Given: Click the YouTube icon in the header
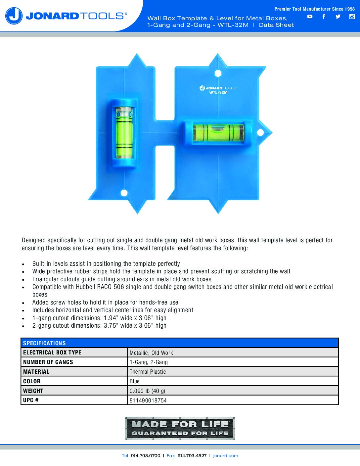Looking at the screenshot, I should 310,17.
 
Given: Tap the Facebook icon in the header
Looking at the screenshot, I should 324,17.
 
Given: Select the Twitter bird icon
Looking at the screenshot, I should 338,17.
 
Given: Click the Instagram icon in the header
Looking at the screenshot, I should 352,17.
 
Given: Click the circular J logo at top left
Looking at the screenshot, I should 14,16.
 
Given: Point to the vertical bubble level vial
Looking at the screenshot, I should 124,133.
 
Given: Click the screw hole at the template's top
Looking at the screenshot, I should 218,73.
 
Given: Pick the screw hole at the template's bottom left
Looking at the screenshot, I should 124,193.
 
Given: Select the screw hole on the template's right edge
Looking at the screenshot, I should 260,133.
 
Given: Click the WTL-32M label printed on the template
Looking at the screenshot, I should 218,93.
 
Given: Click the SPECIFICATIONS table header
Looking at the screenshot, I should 44,343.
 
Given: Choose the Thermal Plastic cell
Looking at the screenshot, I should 148,372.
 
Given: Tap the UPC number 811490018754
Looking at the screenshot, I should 148,400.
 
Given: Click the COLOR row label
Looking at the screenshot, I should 32,381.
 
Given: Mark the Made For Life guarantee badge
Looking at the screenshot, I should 180,428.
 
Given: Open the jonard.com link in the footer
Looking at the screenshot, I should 226,456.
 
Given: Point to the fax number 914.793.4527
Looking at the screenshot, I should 192,456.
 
